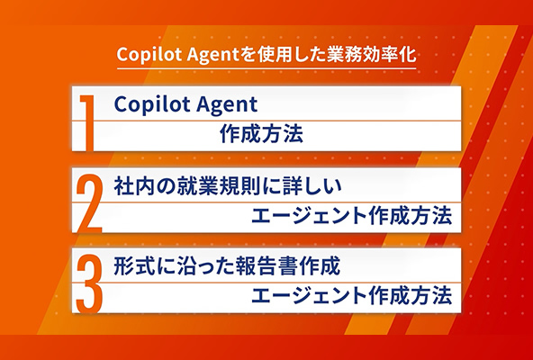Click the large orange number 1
point(87,122)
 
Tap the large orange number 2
point(89,203)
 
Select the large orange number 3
point(89,284)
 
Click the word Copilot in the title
point(149,55)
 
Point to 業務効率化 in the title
point(371,54)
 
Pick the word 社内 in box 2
point(134,186)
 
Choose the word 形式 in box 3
point(134,266)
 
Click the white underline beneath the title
point(266,68)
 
